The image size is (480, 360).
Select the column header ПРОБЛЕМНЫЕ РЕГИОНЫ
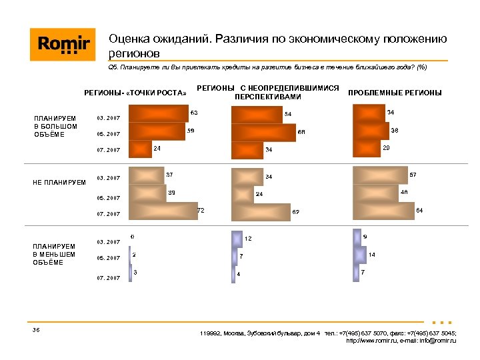tap(395, 93)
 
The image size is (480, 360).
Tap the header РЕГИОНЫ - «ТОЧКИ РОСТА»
tap(135, 93)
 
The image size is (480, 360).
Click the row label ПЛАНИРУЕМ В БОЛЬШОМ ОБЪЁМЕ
tap(56, 127)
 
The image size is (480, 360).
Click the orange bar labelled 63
tap(158, 115)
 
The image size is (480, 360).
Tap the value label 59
tap(191, 131)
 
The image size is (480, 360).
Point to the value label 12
tap(248, 238)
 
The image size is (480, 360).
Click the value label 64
tap(419, 211)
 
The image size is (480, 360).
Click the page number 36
tap(37, 331)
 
